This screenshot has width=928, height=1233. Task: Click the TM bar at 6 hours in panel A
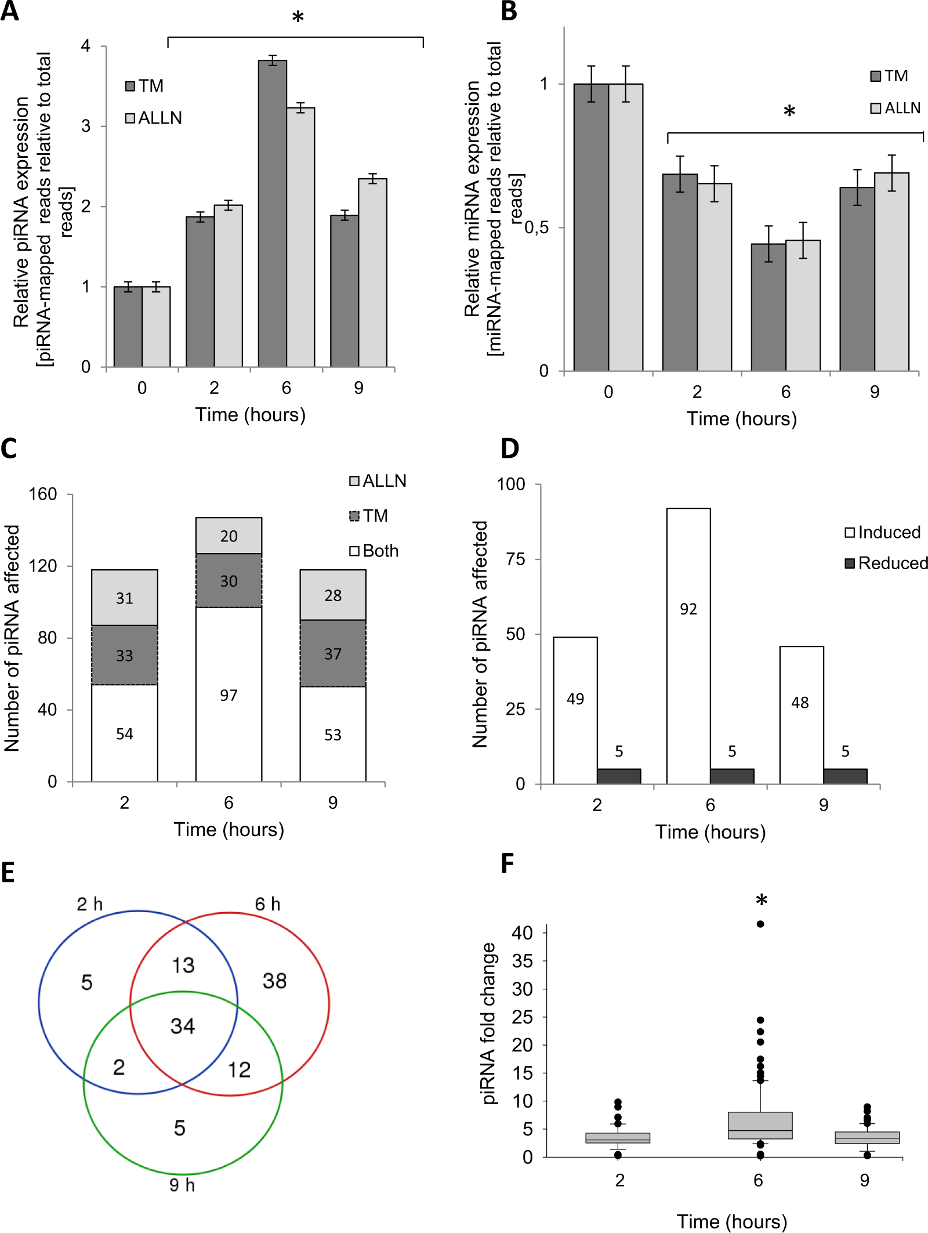272,215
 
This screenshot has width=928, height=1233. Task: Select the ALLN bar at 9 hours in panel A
372,273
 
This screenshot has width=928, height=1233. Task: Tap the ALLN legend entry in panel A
154,118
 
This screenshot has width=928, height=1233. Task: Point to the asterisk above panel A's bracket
298,18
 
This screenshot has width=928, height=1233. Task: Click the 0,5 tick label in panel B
536,227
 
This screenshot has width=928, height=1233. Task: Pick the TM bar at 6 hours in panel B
768,308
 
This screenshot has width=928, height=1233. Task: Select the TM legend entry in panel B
889,76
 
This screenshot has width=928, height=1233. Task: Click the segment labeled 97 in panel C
229,695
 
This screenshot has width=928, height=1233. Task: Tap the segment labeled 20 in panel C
229,536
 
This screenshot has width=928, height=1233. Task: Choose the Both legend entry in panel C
374,551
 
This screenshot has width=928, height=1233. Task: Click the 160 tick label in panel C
43,494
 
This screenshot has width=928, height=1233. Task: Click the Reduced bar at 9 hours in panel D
845,776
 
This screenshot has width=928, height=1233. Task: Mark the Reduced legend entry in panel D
886,563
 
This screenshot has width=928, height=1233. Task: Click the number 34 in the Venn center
183,1026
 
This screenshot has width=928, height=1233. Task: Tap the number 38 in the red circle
274,981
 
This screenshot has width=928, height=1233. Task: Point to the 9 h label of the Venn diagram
182,1185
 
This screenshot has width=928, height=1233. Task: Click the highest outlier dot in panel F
760,924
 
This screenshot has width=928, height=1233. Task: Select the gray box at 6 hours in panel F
760,1125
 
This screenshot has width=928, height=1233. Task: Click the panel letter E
8,873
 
